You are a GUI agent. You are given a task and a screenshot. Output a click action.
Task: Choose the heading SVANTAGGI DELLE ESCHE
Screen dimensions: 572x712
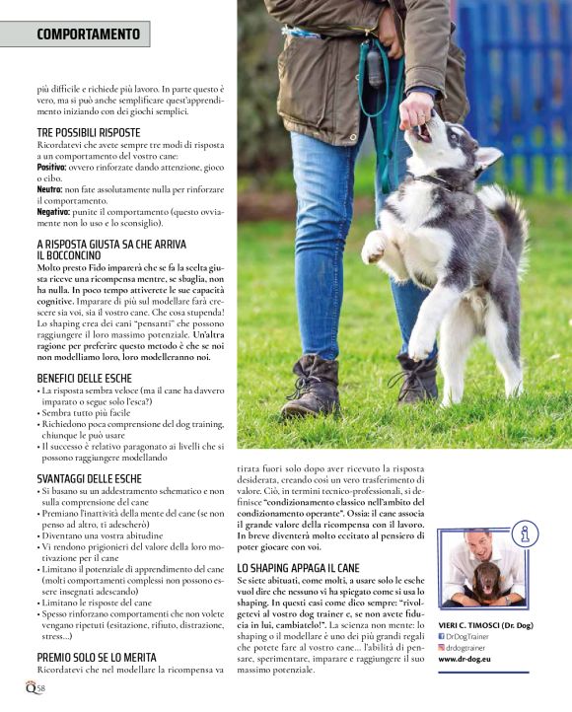point(90,478)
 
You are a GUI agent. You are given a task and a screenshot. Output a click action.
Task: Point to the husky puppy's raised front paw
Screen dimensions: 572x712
point(374,248)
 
